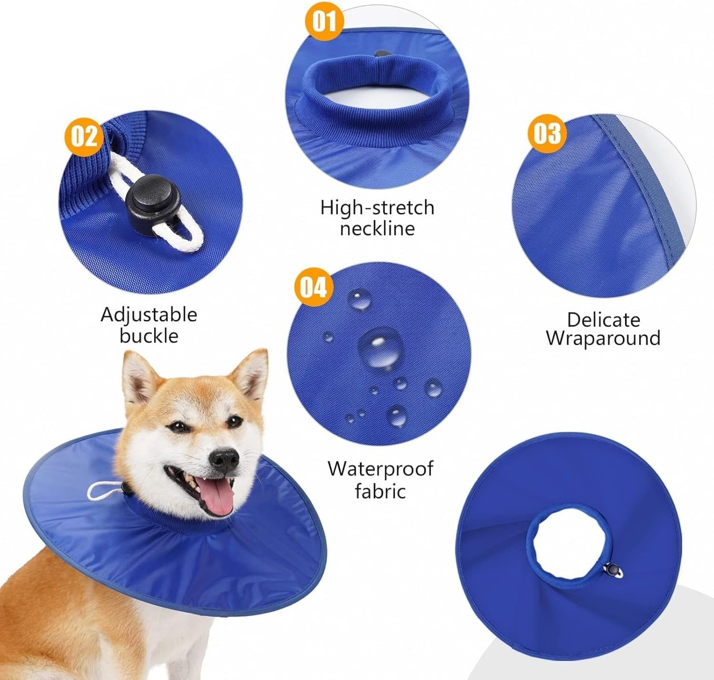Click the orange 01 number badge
tap(324, 21)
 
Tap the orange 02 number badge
tap(84, 136)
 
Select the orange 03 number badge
tap(547, 132)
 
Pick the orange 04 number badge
tap(313, 287)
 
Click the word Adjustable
tap(149, 315)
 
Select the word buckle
tap(149, 336)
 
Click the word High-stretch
tap(377, 208)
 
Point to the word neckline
tap(377, 229)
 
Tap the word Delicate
tap(603, 320)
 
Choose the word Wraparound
tap(603, 339)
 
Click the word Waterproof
tap(380, 469)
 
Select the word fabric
tap(380, 491)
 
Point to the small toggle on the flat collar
tap(615, 570)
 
